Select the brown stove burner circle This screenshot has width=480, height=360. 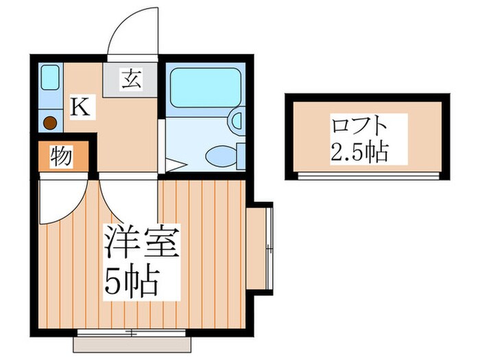[49, 123]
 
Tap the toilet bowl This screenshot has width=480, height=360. [221, 156]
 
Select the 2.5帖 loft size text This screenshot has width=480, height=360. [359, 151]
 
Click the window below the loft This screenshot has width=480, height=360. [367, 176]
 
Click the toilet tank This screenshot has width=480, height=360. [240, 156]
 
